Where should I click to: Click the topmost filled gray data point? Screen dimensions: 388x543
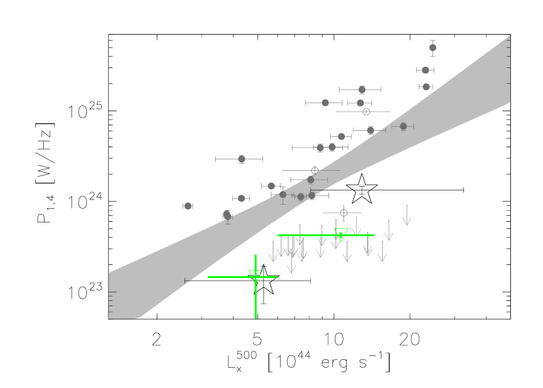pos(432,47)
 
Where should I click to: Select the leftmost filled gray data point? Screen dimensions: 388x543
pos(188,205)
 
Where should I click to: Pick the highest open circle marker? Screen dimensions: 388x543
pos(366,112)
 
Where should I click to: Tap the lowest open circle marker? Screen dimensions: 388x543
pos(343,213)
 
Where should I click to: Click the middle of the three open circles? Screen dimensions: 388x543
pos(315,170)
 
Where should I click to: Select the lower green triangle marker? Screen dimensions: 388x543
pos(256,275)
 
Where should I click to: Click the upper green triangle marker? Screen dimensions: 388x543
pos(341,234)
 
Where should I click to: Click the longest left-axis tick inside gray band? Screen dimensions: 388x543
pos(113,292)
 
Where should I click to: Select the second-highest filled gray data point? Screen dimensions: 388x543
pos(425,70)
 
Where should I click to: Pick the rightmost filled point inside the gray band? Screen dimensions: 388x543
pos(403,126)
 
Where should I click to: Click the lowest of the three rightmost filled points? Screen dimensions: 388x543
pos(426,86)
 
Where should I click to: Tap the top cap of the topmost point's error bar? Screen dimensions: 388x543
pos(432,41)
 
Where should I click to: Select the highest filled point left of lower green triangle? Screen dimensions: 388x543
pos(241,159)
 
